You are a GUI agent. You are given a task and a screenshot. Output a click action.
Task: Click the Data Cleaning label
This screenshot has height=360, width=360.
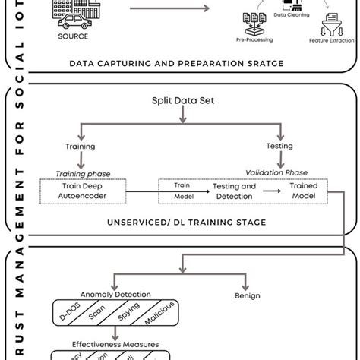click(291, 13)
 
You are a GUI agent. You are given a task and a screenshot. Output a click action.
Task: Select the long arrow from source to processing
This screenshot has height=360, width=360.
click(169, 10)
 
